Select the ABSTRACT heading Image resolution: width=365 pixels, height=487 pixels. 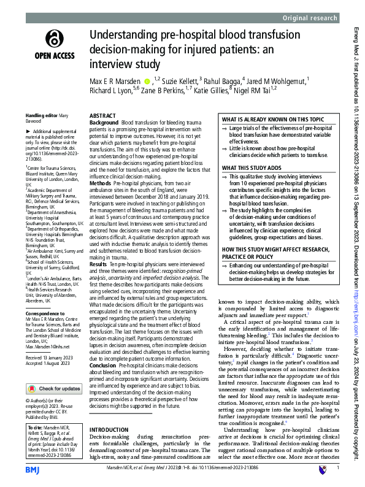click(102, 115)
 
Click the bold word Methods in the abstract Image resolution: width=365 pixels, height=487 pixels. click(100, 183)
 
